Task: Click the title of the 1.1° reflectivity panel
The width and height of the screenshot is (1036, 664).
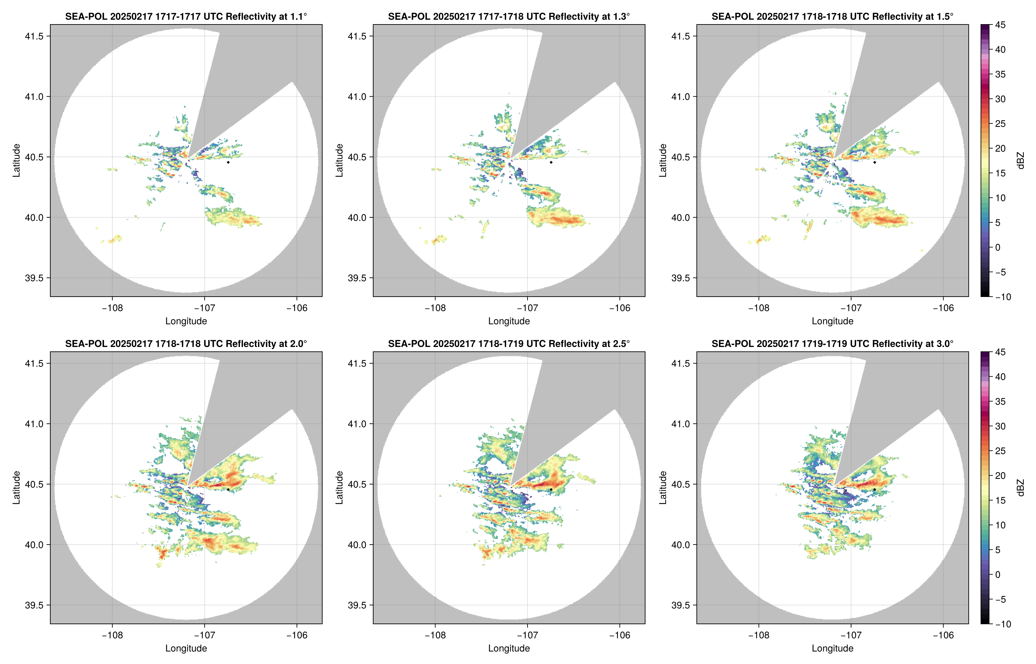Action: [x=186, y=17]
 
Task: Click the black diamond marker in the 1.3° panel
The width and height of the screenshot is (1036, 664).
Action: [x=551, y=163]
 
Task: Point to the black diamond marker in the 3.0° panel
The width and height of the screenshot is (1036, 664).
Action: [x=875, y=490]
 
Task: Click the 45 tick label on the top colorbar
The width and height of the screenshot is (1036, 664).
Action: [x=1000, y=25]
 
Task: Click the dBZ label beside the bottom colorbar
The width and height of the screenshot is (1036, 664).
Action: [x=1020, y=488]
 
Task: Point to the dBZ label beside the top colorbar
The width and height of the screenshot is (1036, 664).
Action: [x=1020, y=161]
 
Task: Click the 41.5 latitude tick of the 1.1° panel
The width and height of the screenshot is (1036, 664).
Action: [x=34, y=36]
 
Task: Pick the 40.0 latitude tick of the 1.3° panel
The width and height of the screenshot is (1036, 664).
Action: [x=357, y=218]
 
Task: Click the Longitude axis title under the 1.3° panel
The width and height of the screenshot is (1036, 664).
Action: [x=509, y=321]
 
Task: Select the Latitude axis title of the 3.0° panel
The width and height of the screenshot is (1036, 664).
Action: [x=662, y=488]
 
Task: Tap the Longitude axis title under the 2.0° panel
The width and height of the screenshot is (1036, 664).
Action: [x=186, y=648]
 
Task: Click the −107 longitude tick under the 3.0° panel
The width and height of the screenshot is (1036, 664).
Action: [x=851, y=635]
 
